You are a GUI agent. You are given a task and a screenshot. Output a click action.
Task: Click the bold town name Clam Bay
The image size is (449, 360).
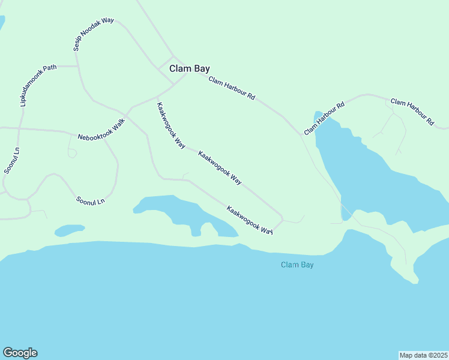point(189,68)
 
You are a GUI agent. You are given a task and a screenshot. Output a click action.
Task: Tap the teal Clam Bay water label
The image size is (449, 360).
point(298,265)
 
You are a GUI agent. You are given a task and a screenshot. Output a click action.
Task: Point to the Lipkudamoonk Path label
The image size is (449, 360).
point(38,85)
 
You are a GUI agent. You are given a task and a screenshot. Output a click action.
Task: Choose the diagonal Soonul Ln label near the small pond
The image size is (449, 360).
point(90,199)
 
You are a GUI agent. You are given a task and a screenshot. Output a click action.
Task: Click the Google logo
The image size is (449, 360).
point(20,353)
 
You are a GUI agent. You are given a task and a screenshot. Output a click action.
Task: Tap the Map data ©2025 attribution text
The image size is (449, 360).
point(423,355)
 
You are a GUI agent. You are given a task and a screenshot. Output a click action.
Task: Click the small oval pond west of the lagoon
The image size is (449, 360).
point(69,230)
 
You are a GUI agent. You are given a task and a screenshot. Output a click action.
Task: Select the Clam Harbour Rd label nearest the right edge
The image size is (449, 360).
point(412,111)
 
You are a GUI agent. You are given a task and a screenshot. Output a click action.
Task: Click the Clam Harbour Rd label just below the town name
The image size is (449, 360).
point(232,88)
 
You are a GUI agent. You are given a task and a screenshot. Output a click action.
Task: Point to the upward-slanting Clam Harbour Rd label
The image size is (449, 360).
point(324,118)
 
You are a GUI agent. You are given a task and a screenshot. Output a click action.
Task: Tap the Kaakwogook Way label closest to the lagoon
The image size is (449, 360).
point(250,220)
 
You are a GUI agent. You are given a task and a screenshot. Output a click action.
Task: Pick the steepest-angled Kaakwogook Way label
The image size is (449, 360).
point(170,125)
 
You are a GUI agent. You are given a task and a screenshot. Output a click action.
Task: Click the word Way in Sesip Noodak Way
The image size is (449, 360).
point(107,21)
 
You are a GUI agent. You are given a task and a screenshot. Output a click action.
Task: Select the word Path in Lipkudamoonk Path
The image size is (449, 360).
point(49,68)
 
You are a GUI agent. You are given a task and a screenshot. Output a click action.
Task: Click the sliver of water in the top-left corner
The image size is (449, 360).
point(2,23)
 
